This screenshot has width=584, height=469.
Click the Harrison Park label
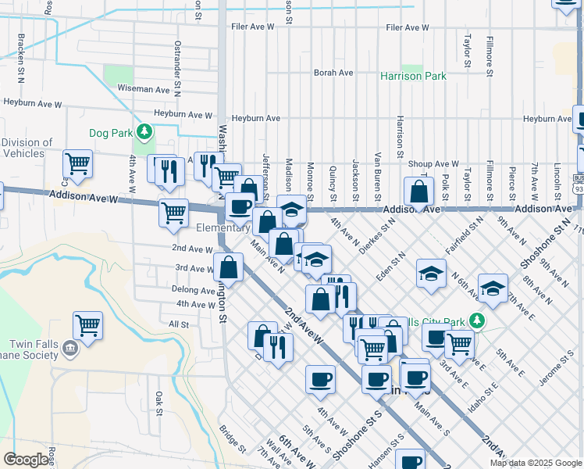413,77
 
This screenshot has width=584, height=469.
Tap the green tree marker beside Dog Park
143,131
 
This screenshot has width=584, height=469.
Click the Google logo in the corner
27,460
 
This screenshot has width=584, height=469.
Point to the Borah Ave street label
333,73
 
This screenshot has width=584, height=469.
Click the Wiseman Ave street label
144,89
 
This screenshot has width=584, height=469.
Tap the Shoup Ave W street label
436,164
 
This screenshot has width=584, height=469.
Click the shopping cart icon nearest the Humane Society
88,325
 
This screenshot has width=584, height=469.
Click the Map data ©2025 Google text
536,463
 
